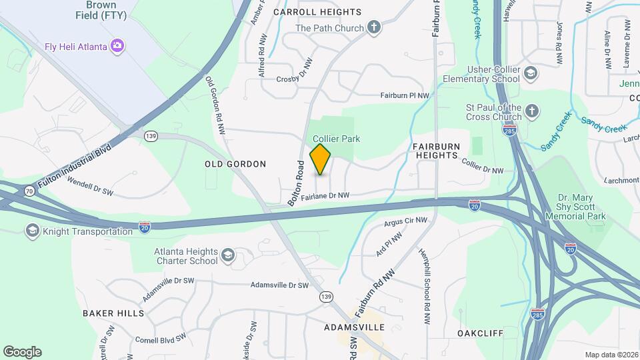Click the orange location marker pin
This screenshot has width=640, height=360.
click(x=321, y=159)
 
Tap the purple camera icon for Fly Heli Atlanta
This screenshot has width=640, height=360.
click(x=118, y=46)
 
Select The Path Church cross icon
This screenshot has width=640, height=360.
click(x=375, y=28)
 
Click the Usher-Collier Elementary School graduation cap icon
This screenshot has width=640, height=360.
click(x=531, y=73)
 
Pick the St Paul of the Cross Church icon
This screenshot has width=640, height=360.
click(x=531, y=111)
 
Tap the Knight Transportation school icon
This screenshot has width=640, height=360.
click(x=31, y=231)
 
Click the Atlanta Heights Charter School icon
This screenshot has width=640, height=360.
click(x=228, y=255)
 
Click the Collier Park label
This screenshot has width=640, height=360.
click(x=337, y=139)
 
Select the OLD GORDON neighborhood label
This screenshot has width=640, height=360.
click(x=235, y=164)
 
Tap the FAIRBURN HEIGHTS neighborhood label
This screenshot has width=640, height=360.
click(x=435, y=150)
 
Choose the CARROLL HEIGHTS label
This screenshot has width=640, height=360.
click(x=317, y=12)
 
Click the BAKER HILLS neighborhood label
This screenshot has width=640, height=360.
click(x=113, y=313)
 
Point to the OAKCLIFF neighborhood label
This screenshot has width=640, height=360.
click(x=479, y=332)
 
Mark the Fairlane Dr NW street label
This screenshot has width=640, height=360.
click(x=325, y=196)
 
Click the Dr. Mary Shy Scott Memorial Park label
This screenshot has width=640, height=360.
click(x=581, y=207)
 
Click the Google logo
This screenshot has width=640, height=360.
click(x=22, y=352)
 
